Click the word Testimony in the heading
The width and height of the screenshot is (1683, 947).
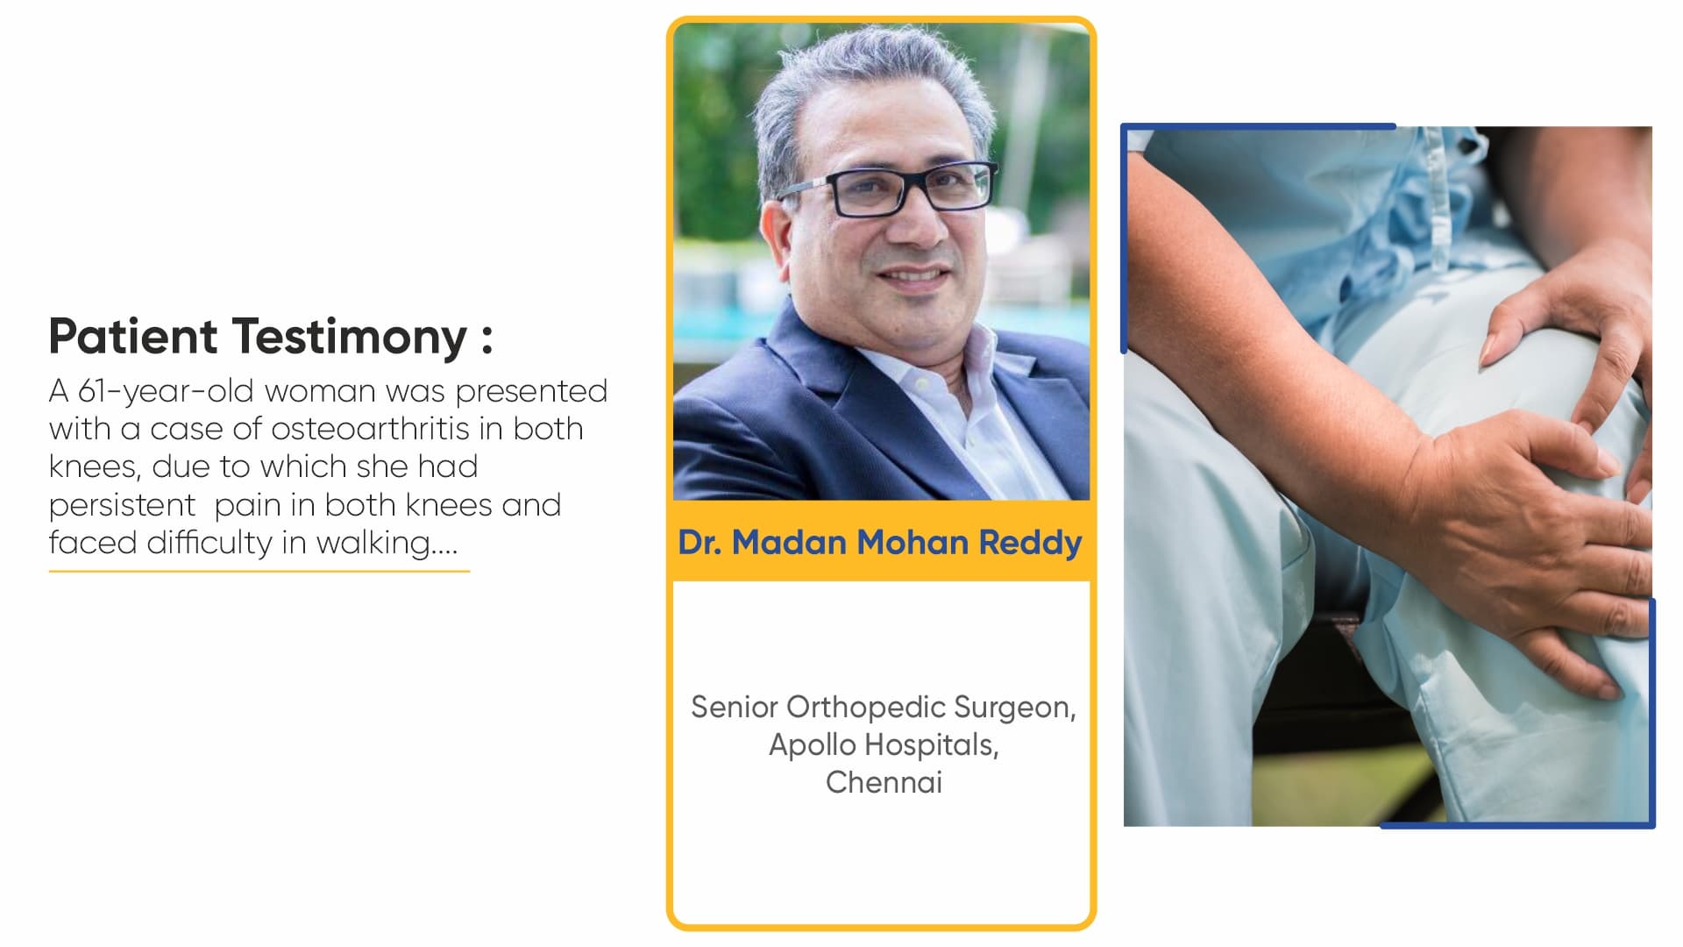(351, 338)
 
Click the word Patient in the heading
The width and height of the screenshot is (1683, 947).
(133, 336)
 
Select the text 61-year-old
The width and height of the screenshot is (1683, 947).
(166, 392)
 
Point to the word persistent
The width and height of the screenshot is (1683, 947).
(123, 505)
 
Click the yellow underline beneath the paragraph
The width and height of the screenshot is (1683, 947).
(259, 571)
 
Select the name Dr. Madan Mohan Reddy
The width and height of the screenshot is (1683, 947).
(880, 543)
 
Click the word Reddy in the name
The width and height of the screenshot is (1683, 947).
(1030, 543)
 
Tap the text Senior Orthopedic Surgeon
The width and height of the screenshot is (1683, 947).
(884, 707)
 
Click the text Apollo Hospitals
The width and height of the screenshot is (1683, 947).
(884, 744)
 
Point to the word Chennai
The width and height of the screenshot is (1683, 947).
(884, 782)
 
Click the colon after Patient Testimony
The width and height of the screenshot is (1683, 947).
(487, 338)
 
